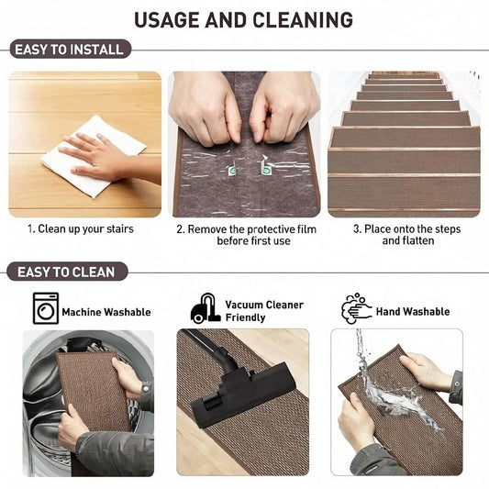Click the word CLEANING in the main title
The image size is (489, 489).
[x=303, y=20]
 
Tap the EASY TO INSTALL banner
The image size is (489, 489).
[x=70, y=49]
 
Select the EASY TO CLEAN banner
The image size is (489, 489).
[x=67, y=272]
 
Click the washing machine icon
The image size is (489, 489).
[x=46, y=308]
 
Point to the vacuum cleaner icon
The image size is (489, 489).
[x=206, y=308]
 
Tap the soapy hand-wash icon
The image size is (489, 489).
[x=356, y=308]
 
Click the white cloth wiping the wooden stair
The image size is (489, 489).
[x=94, y=155]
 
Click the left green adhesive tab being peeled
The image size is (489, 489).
[x=232, y=169]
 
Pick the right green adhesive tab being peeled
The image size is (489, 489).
[x=265, y=169]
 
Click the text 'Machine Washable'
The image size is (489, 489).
[x=106, y=312]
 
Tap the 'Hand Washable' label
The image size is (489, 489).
[x=413, y=311]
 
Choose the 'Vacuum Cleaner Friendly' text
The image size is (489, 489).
[x=264, y=311]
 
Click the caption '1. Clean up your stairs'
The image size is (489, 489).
[x=81, y=229]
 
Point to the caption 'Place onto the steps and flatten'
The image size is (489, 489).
[x=407, y=235]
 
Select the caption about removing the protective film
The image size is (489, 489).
[x=247, y=235]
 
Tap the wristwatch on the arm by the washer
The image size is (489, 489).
[x=146, y=389]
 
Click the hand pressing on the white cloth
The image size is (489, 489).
[x=94, y=157]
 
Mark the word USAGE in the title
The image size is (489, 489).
[x=167, y=20]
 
